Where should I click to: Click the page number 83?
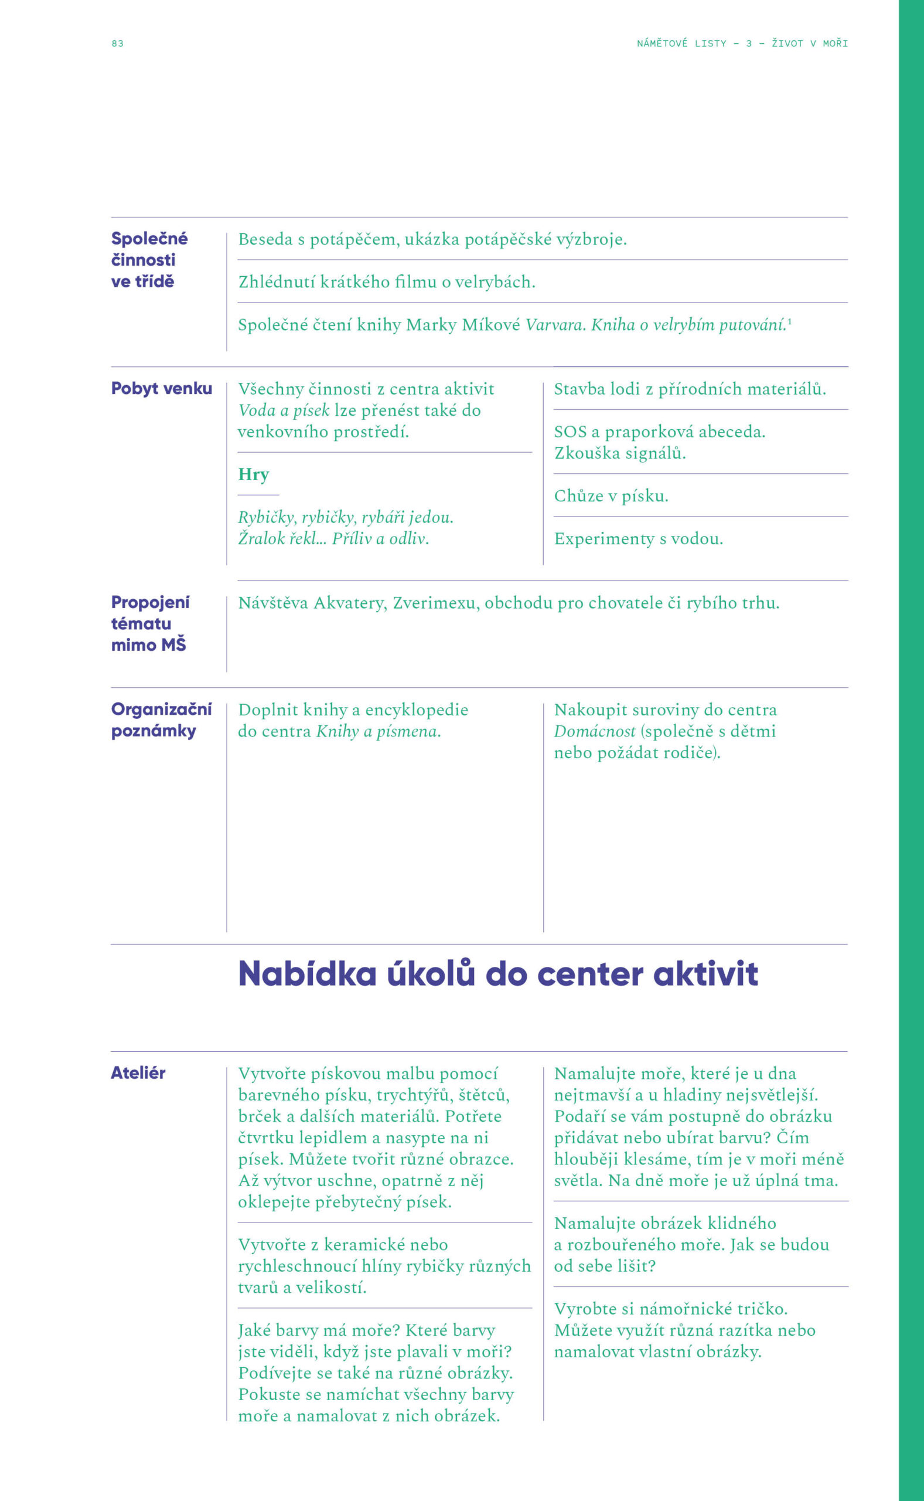[117, 43]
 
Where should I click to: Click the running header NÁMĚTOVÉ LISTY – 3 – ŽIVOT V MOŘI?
[742, 43]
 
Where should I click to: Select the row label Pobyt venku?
[161, 388]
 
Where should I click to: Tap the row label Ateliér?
[138, 1072]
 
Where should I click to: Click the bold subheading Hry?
[254, 474]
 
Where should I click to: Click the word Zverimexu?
[436, 603]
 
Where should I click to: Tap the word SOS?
[570, 432]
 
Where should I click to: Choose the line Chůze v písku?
[611, 496]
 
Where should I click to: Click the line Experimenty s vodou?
[638, 539]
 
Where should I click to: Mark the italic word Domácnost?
[595, 731]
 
